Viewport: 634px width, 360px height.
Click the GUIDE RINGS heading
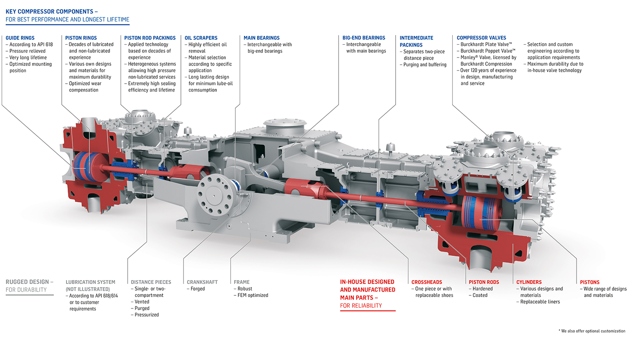point(20,38)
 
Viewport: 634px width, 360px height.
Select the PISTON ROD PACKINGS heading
point(150,38)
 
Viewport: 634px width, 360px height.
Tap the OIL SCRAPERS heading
point(201,38)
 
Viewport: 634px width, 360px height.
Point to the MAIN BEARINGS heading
point(261,38)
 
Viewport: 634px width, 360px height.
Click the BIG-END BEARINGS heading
point(363,38)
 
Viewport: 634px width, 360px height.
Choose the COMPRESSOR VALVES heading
point(481,38)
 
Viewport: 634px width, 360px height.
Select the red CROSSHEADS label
point(426,282)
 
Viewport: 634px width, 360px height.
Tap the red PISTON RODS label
point(484,282)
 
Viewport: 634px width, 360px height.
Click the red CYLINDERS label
point(529,282)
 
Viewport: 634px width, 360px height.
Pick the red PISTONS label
point(590,282)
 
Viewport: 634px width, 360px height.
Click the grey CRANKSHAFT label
point(202,282)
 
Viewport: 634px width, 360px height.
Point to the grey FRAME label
point(241,282)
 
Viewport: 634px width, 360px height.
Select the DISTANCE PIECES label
point(151,282)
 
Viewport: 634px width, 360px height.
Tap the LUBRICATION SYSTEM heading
point(90,282)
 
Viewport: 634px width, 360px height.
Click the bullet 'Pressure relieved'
point(27,51)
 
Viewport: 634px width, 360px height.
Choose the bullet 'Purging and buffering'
point(425,65)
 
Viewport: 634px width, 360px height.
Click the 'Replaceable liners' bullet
point(540,302)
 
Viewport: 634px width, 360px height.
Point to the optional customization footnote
point(592,331)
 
